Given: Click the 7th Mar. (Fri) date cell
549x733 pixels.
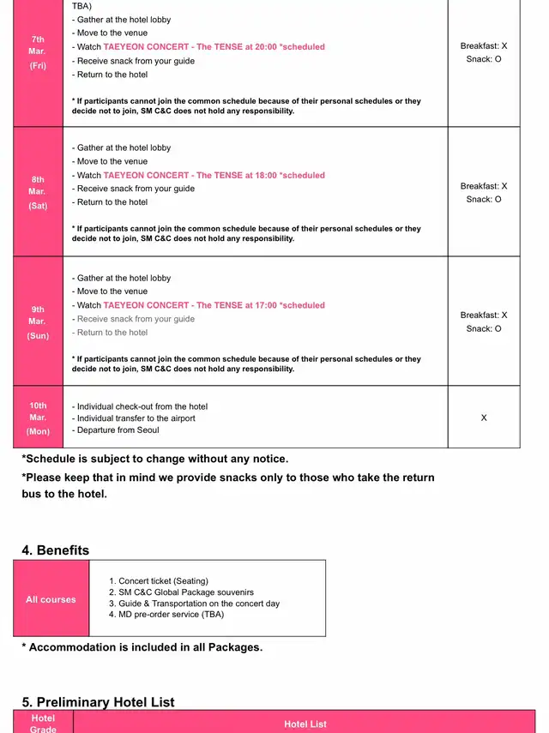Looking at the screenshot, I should coord(38,52).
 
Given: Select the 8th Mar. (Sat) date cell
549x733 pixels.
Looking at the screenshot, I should coord(38,193).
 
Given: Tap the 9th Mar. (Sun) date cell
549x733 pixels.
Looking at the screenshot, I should coord(38,322).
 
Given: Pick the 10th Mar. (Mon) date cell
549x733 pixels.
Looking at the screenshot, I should coord(38,418).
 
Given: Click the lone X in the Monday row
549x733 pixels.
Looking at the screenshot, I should coord(484,418).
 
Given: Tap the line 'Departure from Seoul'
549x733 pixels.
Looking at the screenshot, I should coord(118,430).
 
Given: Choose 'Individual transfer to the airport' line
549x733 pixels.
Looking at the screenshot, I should coord(136,418).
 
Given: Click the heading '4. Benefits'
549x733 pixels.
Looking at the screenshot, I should coord(55,550).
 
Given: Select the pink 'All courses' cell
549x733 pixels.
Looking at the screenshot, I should coord(51,599).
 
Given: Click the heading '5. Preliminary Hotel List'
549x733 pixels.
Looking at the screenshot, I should coord(98,702).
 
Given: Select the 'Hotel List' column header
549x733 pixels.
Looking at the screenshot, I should coord(305,724).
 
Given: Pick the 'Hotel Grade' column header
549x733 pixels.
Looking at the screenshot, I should coord(43,724).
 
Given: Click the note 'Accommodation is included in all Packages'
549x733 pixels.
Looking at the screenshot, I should coord(142,647).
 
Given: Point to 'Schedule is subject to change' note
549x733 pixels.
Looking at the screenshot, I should coord(154,459).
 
